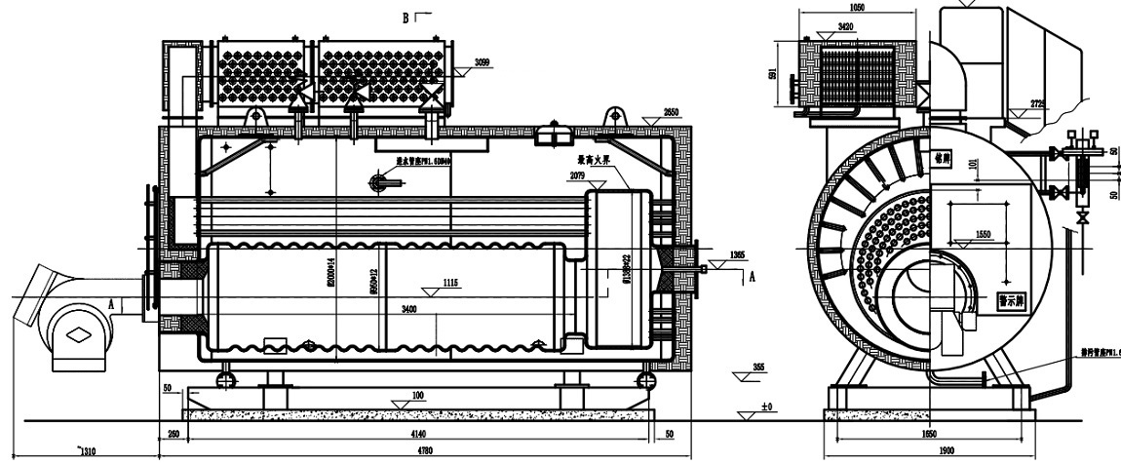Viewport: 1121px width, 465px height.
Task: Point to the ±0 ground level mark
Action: [x=766, y=405]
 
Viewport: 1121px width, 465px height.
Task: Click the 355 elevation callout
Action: [x=758, y=368]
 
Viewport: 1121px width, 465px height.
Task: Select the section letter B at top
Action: [x=407, y=17]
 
